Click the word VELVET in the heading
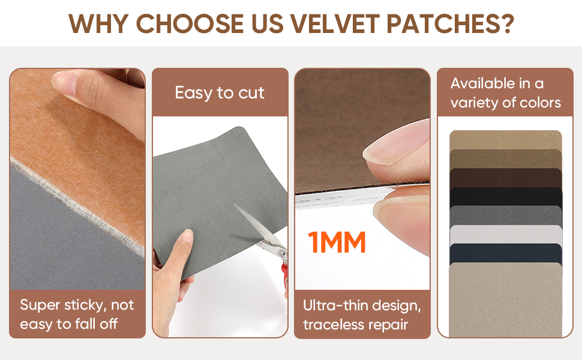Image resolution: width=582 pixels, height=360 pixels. point(335,24)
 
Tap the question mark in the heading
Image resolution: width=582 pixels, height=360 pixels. point(506,24)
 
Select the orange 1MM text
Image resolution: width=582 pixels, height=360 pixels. point(337,242)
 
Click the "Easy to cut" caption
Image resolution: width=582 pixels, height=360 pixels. point(220,93)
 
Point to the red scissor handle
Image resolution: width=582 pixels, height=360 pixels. point(284,277)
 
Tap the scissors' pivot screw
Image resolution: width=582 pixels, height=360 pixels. point(281,252)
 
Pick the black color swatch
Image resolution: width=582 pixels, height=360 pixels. point(506,197)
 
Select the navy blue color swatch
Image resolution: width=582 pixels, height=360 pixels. point(506,253)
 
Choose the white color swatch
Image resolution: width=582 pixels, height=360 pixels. point(506,235)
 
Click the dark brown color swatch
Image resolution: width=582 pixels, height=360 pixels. point(506,178)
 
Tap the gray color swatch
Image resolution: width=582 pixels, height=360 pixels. point(506,215)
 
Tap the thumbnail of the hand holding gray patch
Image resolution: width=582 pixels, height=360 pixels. point(187,235)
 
